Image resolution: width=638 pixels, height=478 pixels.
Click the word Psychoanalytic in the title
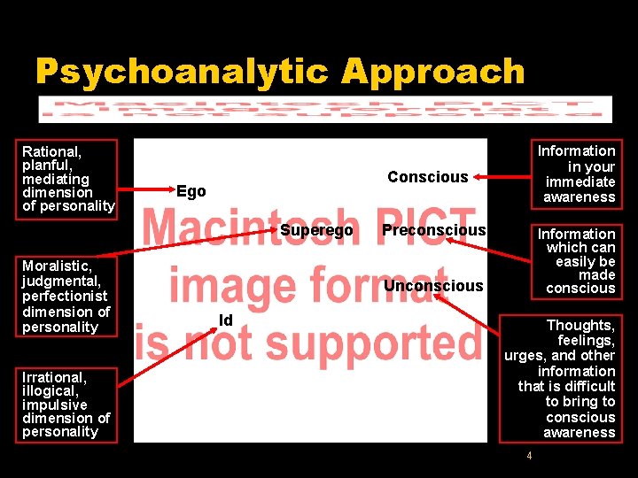point(181,72)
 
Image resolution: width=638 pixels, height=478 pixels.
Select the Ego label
point(191,191)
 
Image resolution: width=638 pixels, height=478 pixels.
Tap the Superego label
point(316,230)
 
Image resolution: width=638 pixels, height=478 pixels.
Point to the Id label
point(226,320)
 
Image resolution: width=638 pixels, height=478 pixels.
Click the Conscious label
point(427,177)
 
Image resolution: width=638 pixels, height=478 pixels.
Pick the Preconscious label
point(433,230)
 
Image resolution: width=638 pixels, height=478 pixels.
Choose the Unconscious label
point(433,285)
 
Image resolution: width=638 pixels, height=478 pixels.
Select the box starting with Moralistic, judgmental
point(66,296)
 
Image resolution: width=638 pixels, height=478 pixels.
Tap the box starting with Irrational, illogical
point(66,404)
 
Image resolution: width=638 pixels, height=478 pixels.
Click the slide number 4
point(529,456)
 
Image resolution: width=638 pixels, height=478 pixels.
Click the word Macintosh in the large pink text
point(245,228)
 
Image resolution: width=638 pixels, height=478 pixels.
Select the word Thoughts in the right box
point(580,325)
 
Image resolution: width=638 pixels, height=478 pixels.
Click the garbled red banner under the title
point(325,109)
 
